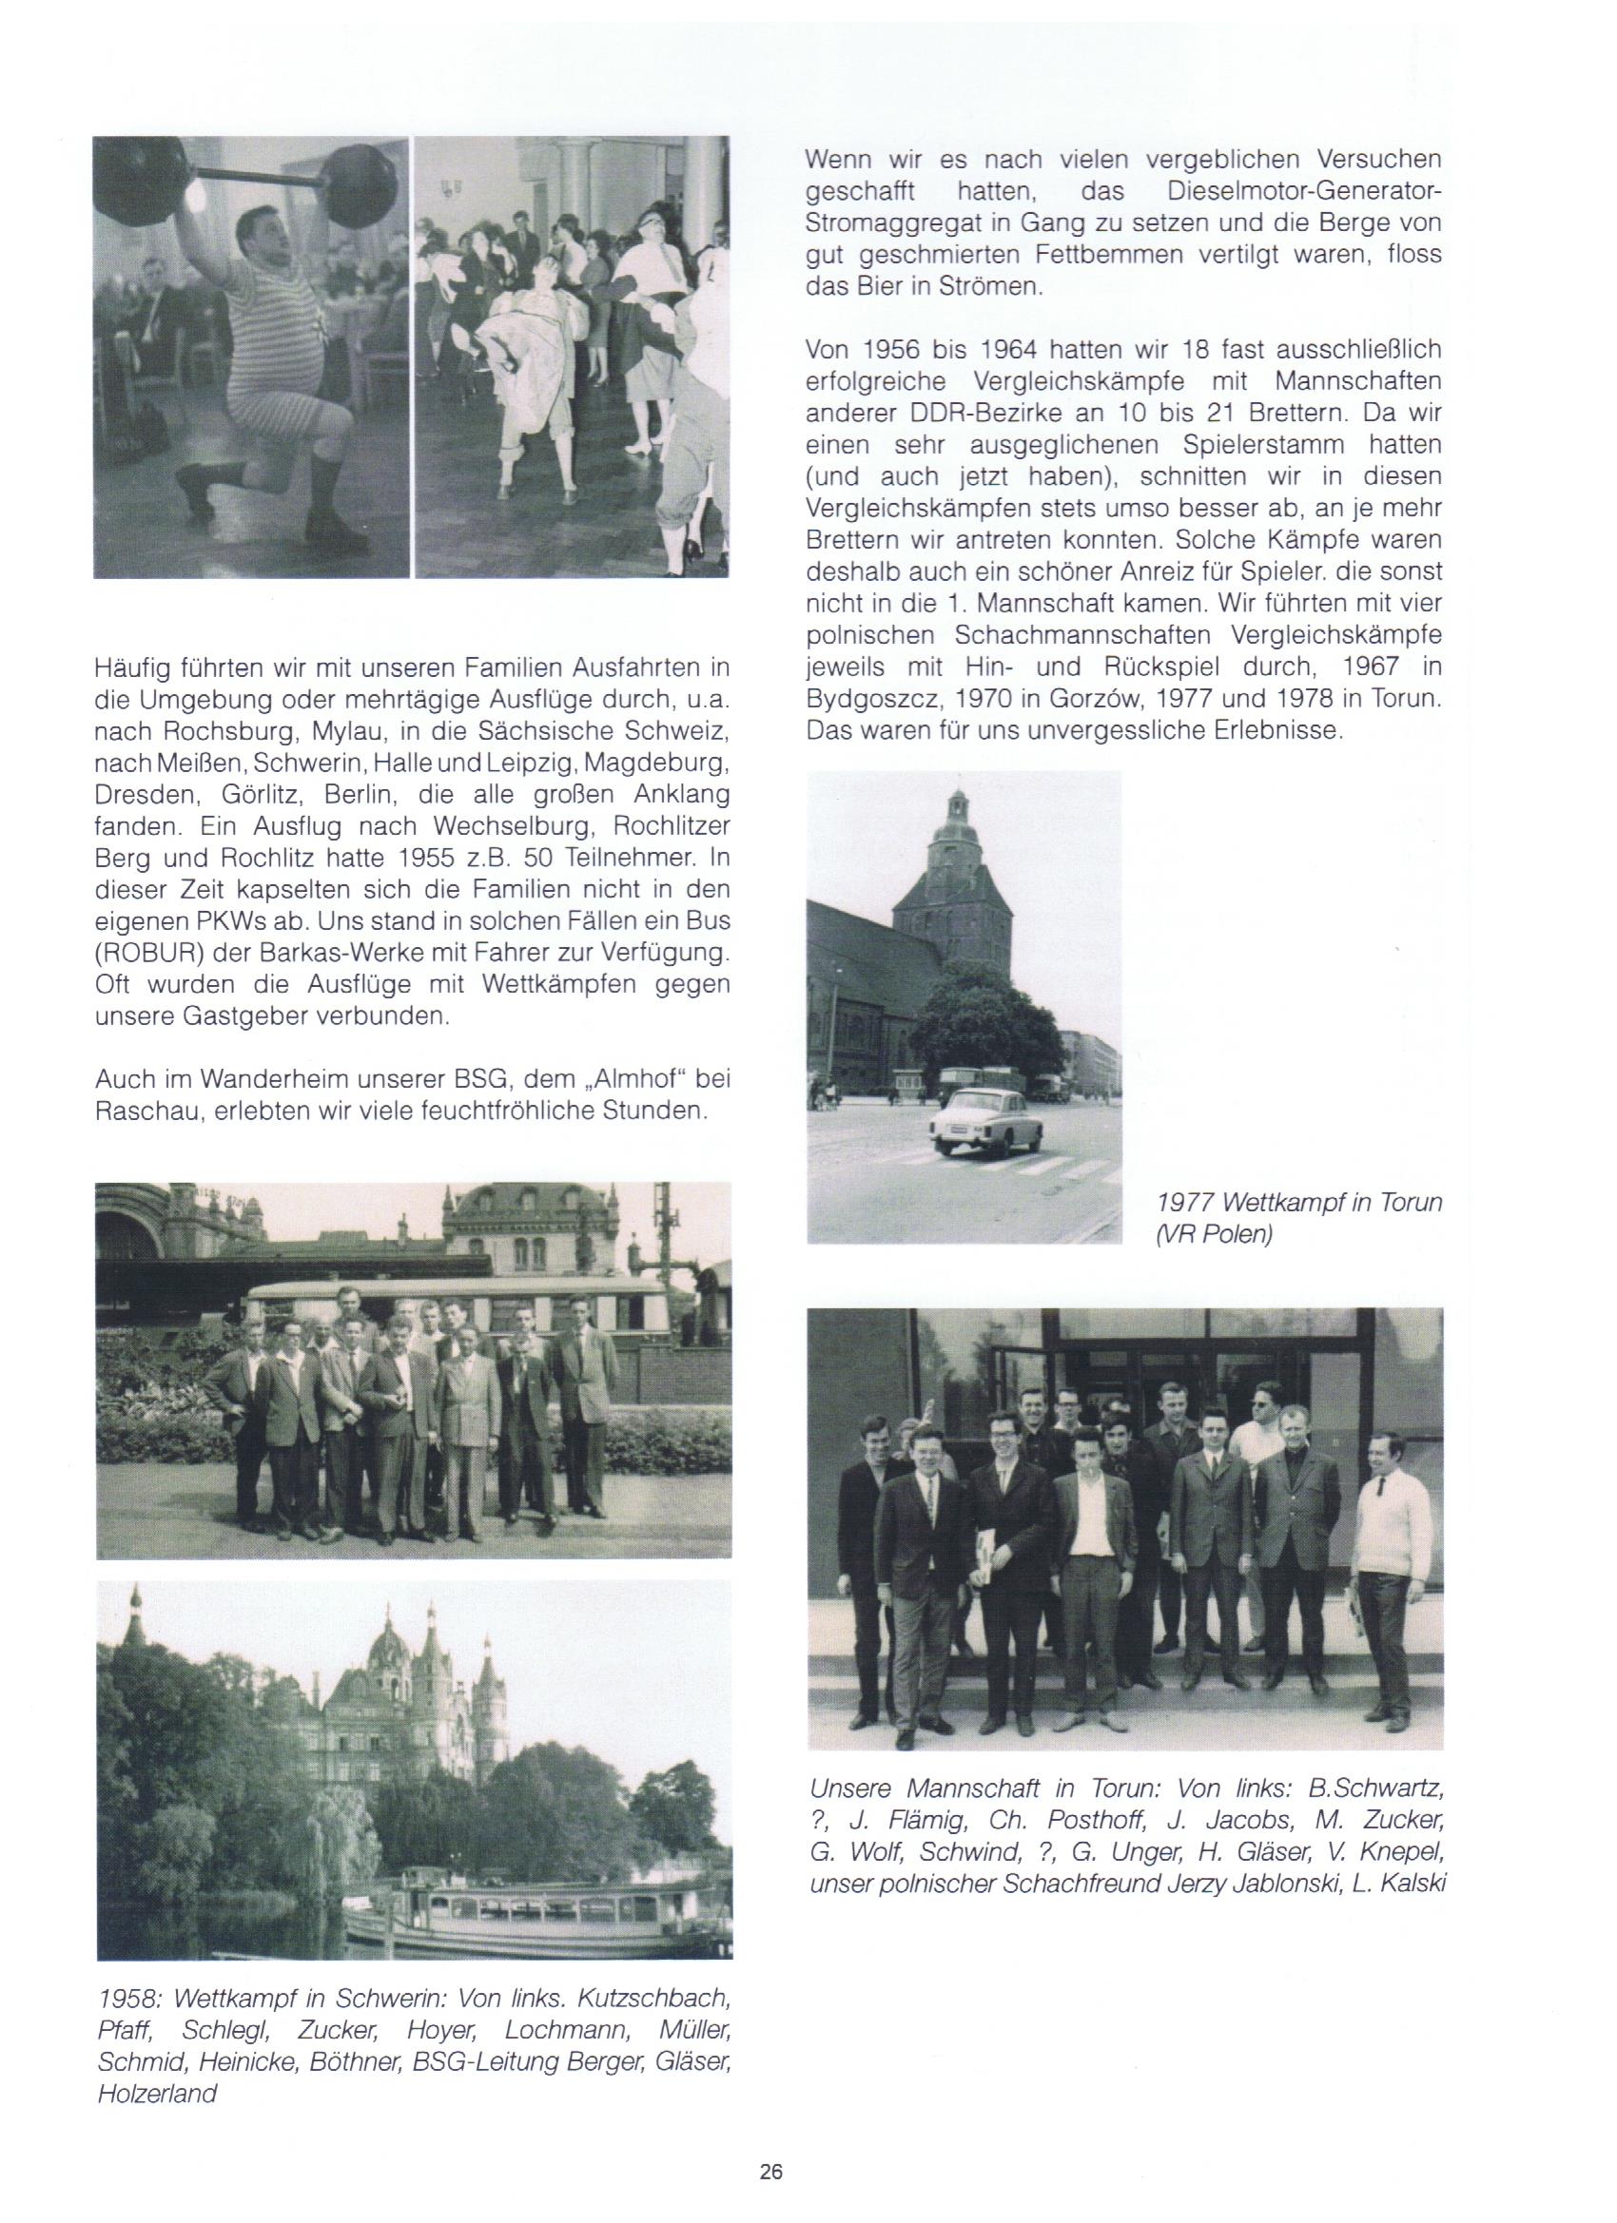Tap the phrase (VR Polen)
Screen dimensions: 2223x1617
(x=1213, y=1234)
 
